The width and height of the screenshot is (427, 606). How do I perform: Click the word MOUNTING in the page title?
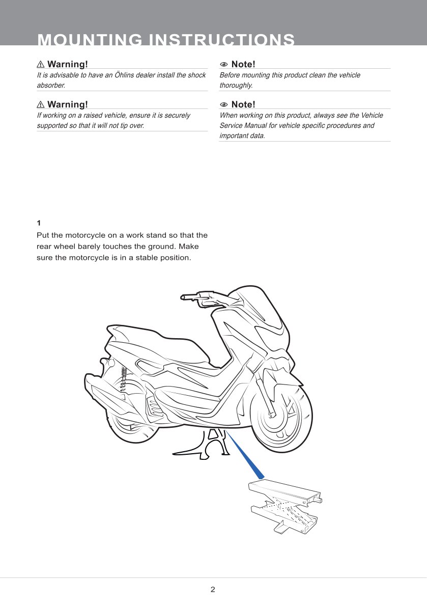[90, 39]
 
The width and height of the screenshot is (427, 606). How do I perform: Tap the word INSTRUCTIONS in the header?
[222, 39]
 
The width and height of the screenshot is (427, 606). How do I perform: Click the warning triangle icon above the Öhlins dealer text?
[41, 64]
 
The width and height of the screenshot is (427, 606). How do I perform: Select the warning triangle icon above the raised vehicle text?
[41, 104]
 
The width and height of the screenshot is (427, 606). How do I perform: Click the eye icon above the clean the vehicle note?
[223, 65]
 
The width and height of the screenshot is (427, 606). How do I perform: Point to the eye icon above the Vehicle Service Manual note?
[223, 105]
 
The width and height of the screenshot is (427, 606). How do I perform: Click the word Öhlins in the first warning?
[124, 75]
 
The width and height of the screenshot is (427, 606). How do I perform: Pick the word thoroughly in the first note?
[236, 86]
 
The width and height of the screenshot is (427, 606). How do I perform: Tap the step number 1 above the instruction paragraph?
[39, 223]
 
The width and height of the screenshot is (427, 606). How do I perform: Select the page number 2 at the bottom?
[213, 589]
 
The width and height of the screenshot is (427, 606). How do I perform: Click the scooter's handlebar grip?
[190, 297]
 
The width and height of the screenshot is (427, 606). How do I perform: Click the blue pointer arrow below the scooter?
[245, 455]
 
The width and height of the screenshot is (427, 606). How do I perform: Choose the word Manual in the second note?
[255, 126]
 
